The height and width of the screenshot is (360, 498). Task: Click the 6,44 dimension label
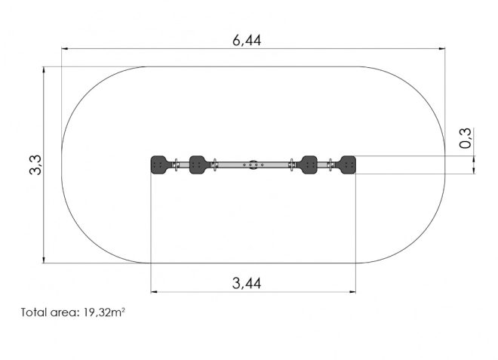coord(247,40)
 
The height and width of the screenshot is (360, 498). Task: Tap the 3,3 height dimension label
coord(35,165)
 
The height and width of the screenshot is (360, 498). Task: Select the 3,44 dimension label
coord(247,283)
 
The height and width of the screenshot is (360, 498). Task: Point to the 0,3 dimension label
coord(465,138)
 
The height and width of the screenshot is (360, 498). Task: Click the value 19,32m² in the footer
coord(104,312)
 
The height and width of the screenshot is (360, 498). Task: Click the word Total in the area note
coord(34,312)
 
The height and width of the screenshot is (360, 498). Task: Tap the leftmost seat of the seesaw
coord(158,165)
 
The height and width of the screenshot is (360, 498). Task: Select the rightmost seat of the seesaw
coord(348,165)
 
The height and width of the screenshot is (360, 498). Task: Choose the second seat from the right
coord(309,165)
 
